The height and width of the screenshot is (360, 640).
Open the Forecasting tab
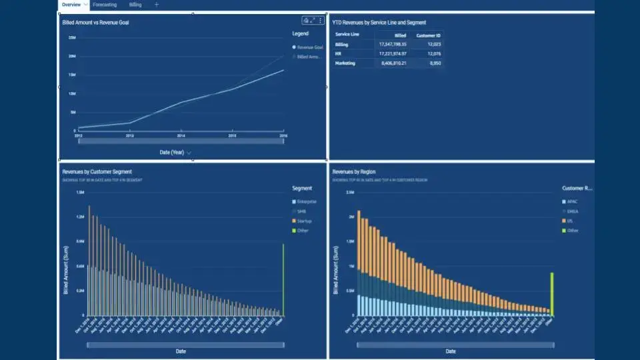[105, 5]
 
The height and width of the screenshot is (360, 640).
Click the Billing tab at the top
[135, 5]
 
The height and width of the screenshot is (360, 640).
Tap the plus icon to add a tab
[157, 5]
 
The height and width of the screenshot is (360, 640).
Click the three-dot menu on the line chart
[321, 21]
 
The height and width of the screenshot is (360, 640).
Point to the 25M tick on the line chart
[72, 37]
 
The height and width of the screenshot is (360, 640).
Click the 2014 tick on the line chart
[181, 135]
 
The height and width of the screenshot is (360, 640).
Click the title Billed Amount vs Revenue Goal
[96, 23]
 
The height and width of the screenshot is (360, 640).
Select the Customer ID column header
[427, 35]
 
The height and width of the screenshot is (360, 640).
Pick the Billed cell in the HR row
[393, 54]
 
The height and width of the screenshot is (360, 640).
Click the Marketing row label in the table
[345, 63]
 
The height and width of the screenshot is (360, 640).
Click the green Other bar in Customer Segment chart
[283, 280]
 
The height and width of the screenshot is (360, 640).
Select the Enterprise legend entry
[307, 201]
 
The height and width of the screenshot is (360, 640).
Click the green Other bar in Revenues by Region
[552, 294]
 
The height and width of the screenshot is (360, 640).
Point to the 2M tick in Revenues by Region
[350, 217]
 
